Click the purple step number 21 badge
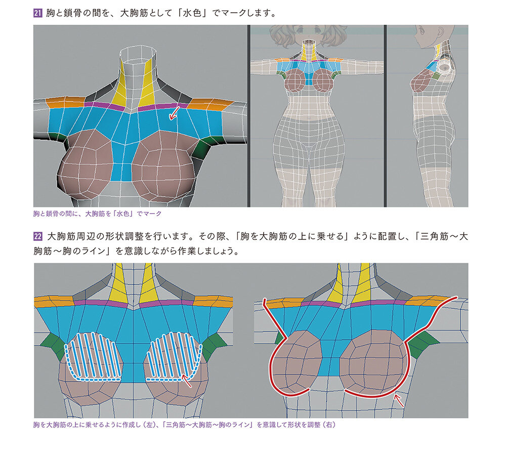click(x=38, y=13)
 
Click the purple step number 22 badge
click(x=38, y=236)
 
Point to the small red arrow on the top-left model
click(x=174, y=113)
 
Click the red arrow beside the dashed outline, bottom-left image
click(x=186, y=381)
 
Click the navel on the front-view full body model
click(x=311, y=117)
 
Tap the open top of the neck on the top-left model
click(x=139, y=53)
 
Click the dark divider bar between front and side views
click(x=385, y=116)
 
